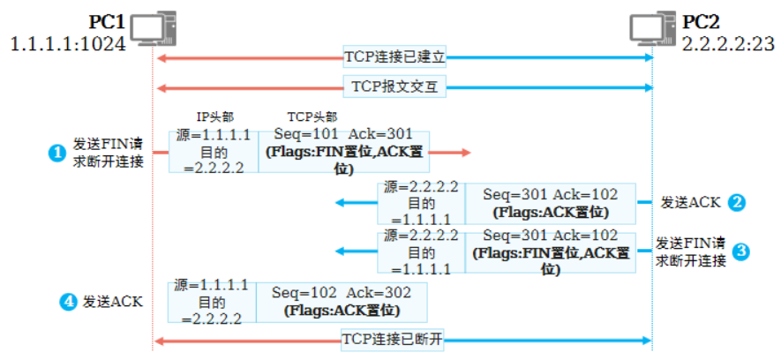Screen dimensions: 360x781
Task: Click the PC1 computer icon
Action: pyautogui.click(x=148, y=27)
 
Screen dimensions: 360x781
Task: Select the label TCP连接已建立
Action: pyautogui.click(x=394, y=57)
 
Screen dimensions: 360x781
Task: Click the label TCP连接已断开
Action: pyautogui.click(x=392, y=340)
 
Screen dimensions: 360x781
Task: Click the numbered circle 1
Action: pyautogui.click(x=56, y=153)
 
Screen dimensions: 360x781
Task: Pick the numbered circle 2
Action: pyautogui.click(x=737, y=202)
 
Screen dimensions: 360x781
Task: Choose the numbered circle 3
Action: pyautogui.click(x=741, y=251)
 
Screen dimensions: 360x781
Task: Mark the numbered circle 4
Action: pyautogui.click(x=67, y=302)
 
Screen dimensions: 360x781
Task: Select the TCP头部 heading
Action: pyautogui.click(x=312, y=117)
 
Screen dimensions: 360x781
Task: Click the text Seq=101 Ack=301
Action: pyautogui.click(x=332, y=134)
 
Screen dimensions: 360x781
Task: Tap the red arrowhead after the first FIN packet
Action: pyautogui.click(x=464, y=153)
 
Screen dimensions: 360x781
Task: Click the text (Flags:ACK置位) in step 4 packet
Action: pyautogui.click(x=342, y=311)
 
